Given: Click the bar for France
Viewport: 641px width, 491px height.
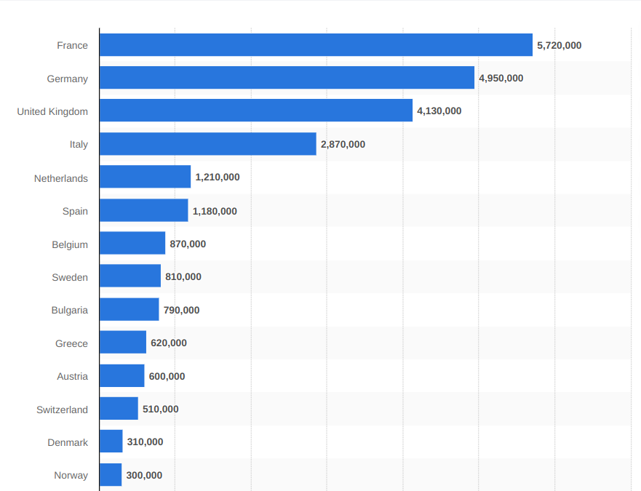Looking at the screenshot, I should (316, 45).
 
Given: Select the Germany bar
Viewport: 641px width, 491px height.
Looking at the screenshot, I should (287, 78).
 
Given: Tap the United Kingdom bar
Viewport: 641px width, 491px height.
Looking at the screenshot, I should (255, 111).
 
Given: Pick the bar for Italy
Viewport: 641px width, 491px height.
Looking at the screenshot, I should (207, 144).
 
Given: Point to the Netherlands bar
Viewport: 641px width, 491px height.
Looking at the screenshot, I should (145, 177).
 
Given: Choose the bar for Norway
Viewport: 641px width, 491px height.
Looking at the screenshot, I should (111, 475).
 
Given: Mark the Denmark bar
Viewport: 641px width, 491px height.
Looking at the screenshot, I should (111, 442).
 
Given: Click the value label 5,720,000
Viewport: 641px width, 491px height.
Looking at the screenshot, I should (559, 45).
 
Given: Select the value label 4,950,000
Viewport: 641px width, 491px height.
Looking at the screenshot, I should (501, 78).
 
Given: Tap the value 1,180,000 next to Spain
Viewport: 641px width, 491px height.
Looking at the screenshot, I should (215, 211).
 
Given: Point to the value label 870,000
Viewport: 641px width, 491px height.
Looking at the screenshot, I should (188, 244).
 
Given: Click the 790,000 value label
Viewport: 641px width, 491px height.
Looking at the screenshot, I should (181, 310).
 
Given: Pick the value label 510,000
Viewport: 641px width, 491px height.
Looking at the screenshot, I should (160, 409).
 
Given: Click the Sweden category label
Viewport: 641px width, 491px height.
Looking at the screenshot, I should (70, 277).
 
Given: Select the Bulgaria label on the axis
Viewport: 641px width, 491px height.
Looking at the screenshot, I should (69, 310).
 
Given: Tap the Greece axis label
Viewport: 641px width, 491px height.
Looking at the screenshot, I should (71, 343).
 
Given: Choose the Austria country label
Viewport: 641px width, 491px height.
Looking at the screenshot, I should (72, 376).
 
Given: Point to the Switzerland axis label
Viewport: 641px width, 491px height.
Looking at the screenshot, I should (62, 410).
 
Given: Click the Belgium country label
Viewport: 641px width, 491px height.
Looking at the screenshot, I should (70, 244).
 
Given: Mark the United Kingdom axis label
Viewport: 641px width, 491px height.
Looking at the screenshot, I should (52, 111).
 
